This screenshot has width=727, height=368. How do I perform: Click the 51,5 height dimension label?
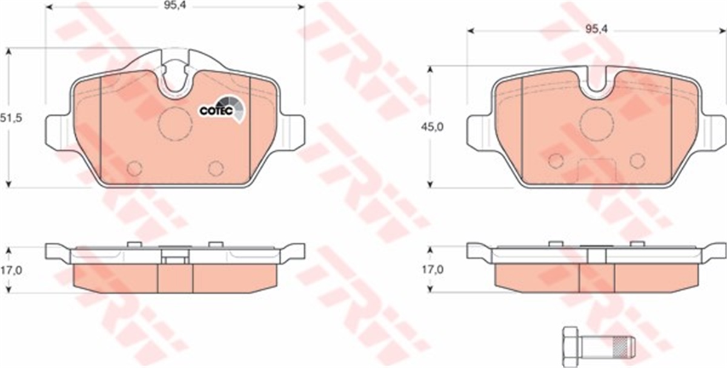11,119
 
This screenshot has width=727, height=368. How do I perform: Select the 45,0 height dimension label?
432,127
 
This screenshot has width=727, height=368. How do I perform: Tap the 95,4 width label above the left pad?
174,5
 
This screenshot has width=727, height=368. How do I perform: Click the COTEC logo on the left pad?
221,110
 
